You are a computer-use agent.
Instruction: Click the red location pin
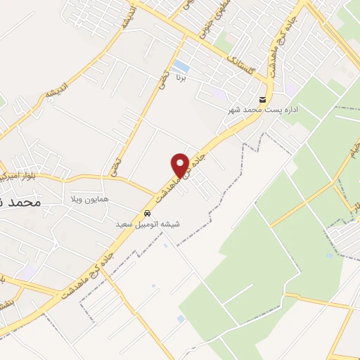click(181, 165)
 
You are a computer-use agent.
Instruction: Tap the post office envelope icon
click(262, 99)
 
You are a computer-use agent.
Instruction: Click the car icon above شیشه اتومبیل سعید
click(148, 212)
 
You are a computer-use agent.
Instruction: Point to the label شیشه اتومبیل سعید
click(148, 224)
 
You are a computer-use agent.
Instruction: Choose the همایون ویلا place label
click(89, 200)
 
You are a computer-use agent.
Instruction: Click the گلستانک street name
click(243, 69)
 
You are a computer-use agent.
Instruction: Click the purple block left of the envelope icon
click(219, 93)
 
